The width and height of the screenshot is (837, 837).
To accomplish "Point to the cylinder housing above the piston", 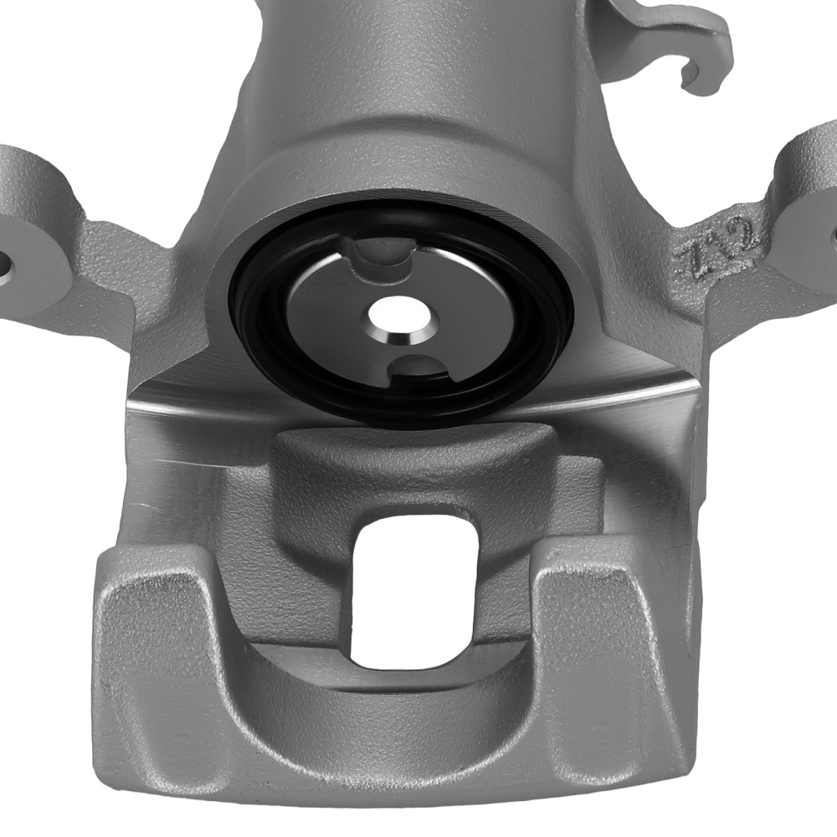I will tap(402, 126).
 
